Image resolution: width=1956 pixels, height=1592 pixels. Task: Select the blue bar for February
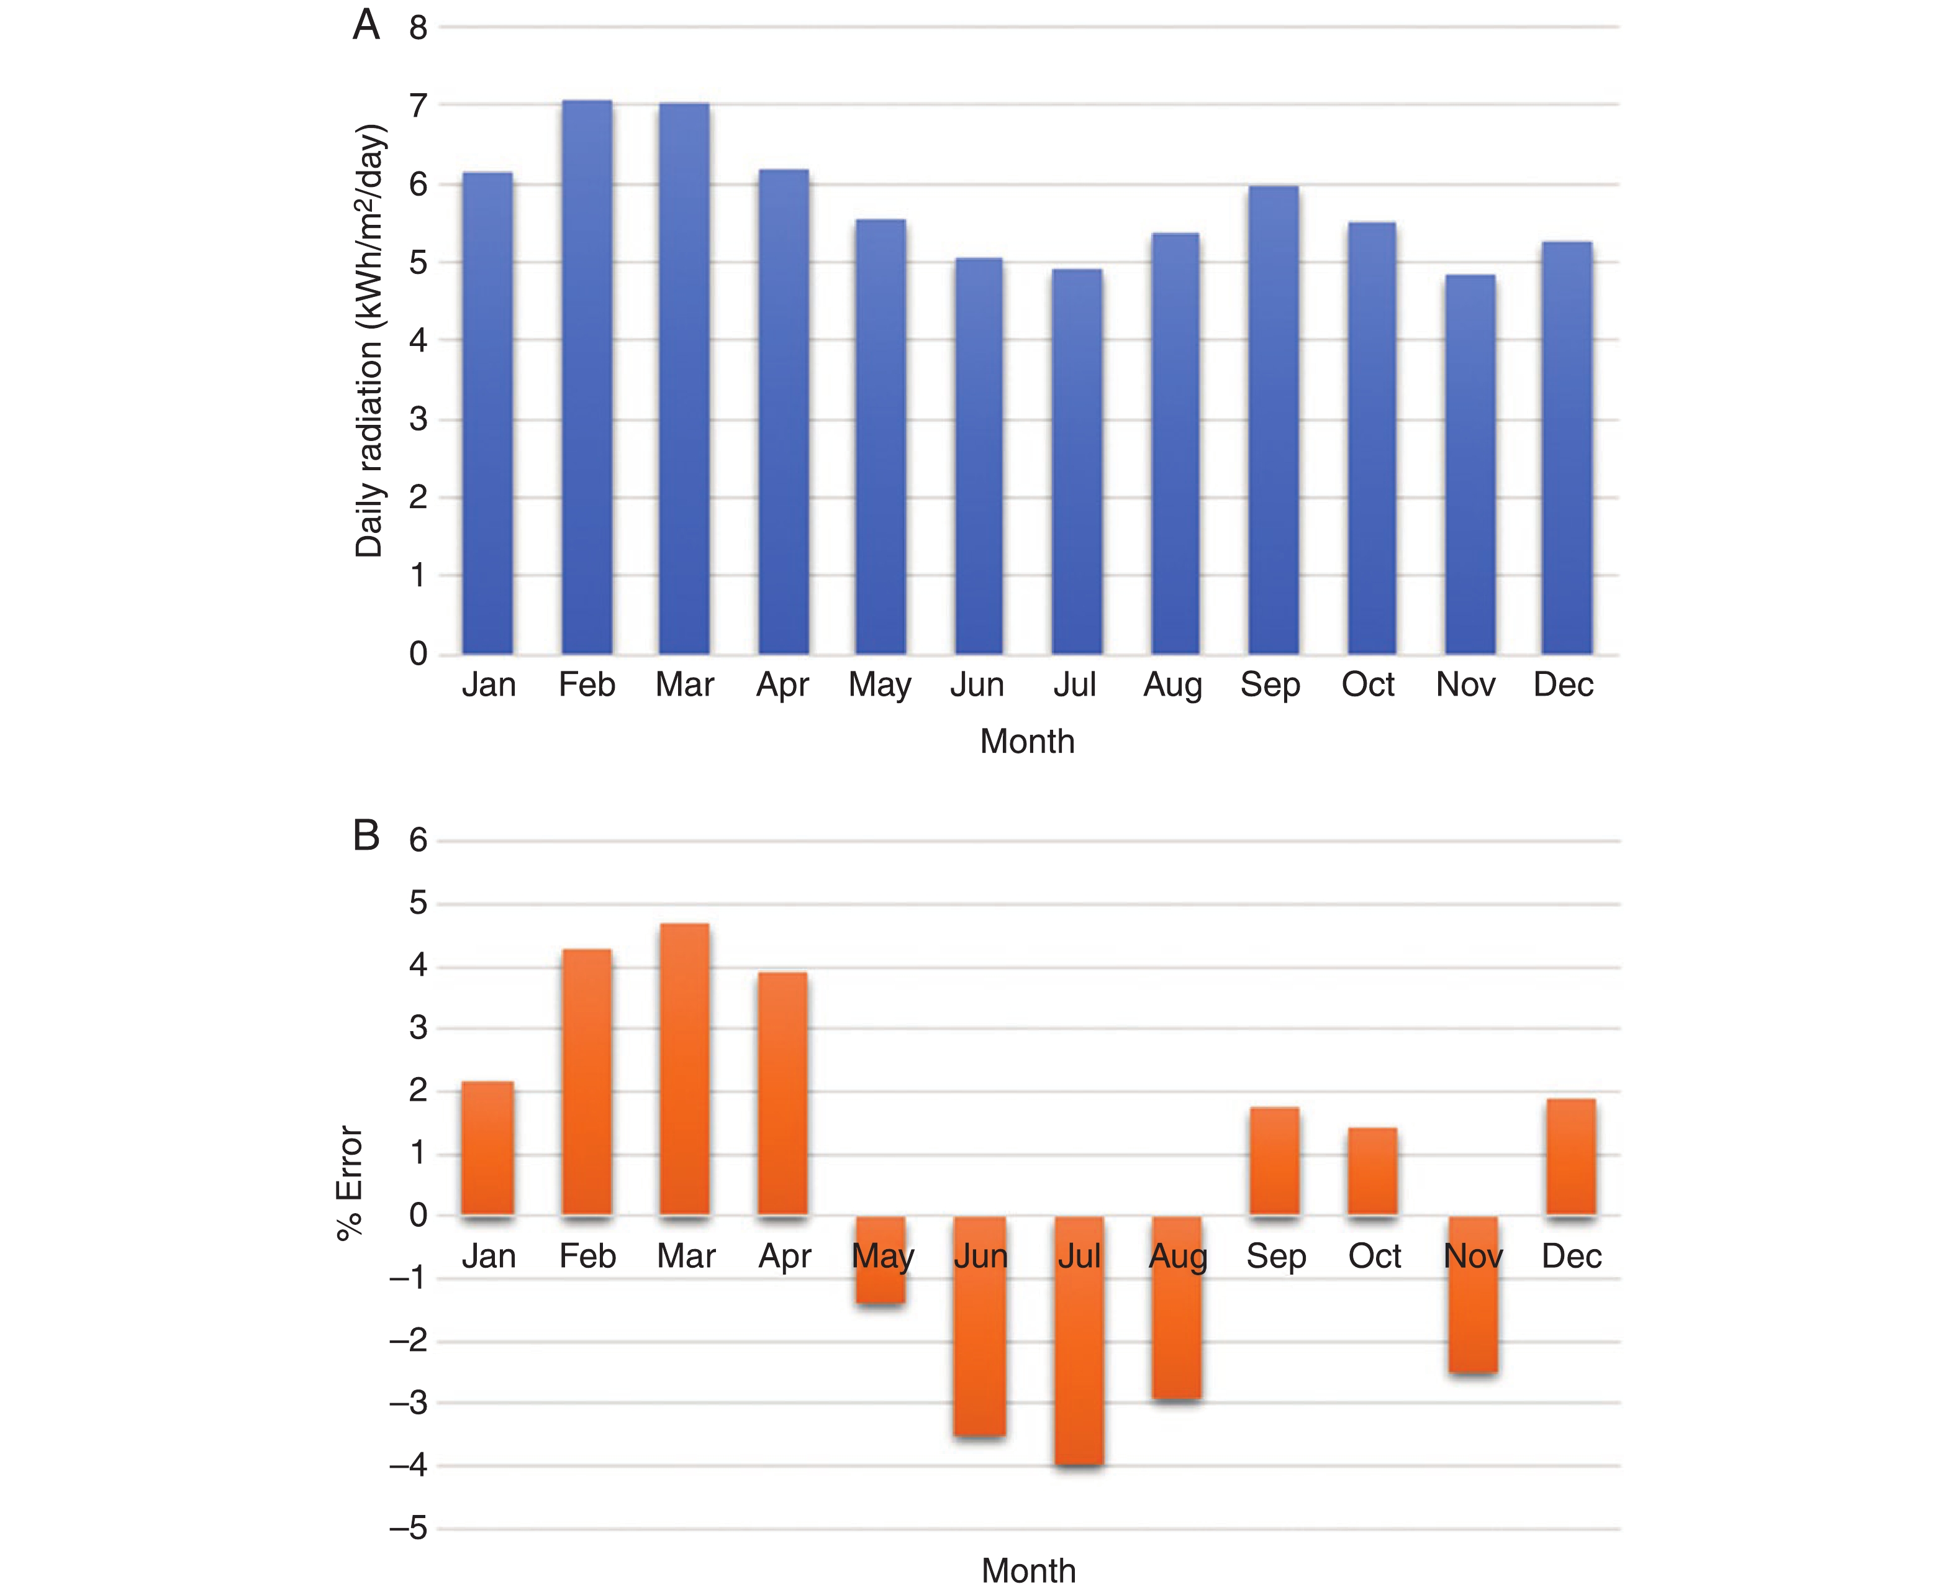(587, 376)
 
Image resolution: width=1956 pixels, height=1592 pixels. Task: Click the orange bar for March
(684, 1069)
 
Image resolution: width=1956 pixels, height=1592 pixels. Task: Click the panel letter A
(366, 25)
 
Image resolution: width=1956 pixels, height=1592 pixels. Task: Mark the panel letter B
(366, 835)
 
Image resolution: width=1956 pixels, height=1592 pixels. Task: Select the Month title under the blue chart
(1026, 741)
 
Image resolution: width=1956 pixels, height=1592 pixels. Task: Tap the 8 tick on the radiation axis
(418, 29)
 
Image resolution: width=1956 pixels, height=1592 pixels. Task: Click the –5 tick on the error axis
(409, 1529)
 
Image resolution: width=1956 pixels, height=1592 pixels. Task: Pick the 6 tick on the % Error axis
(418, 840)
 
